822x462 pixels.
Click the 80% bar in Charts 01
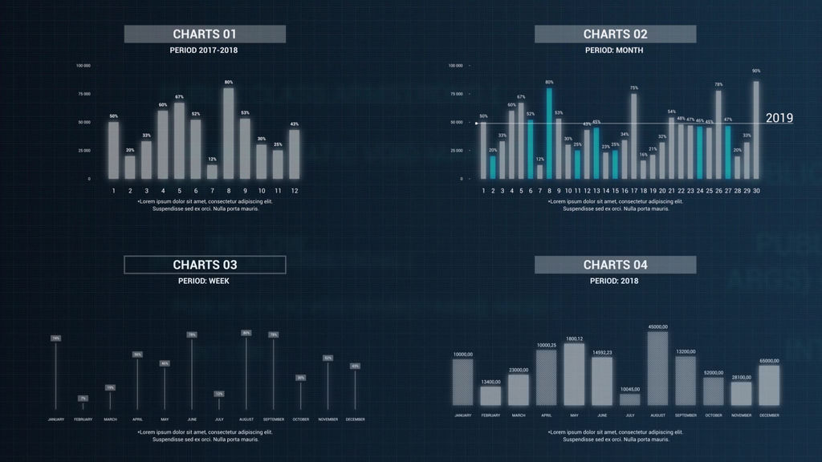click(x=229, y=133)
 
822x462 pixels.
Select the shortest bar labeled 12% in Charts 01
click(x=212, y=171)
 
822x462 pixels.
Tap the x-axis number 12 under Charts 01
click(x=295, y=191)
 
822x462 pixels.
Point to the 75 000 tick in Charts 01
click(x=83, y=94)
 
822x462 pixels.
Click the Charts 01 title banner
click(x=205, y=34)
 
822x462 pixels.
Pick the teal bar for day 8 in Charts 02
click(x=549, y=133)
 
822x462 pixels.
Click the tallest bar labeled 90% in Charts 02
click(x=756, y=129)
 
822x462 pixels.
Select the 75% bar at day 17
click(x=634, y=136)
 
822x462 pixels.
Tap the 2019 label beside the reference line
click(x=779, y=118)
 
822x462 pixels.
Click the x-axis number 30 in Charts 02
click(x=756, y=191)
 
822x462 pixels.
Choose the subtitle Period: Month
click(x=614, y=51)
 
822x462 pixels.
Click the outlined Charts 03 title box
click(x=205, y=265)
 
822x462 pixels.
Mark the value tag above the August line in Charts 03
click(x=246, y=333)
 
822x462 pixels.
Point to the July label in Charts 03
click(x=218, y=419)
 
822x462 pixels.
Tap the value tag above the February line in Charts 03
click(x=83, y=398)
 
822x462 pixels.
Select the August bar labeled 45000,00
click(x=657, y=368)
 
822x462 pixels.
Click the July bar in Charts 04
click(x=630, y=399)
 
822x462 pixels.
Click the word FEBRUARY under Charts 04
click(x=490, y=415)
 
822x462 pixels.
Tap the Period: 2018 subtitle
click(x=614, y=282)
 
